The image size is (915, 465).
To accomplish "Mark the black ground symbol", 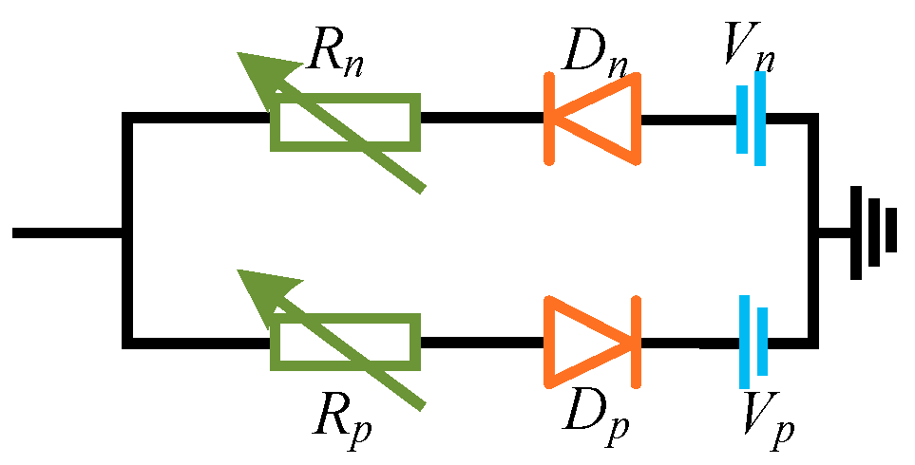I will [873, 231].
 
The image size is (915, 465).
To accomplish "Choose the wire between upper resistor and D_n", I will [481, 120].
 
